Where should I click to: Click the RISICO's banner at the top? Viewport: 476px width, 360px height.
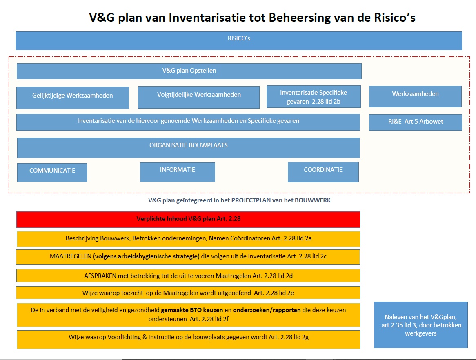(x=238, y=40)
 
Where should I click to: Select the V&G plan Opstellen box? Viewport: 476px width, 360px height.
(x=189, y=71)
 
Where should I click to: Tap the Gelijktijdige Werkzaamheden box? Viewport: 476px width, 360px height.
(x=73, y=98)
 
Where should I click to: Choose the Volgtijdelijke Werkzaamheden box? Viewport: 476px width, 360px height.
(x=199, y=97)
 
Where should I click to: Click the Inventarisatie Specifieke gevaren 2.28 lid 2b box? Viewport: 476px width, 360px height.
(x=313, y=97)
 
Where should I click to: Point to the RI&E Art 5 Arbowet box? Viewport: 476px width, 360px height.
(x=415, y=122)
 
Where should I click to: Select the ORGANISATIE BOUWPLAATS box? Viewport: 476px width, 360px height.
(x=188, y=147)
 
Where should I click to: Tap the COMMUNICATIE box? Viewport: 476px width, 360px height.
(x=52, y=172)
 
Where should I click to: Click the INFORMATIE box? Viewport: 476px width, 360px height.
(x=177, y=172)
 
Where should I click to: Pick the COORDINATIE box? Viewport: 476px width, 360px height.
(x=323, y=172)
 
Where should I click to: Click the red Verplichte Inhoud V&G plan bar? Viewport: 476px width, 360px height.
(x=188, y=219)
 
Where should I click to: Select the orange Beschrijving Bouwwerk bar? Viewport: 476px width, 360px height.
(x=188, y=239)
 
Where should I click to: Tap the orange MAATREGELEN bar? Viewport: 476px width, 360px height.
(x=188, y=257)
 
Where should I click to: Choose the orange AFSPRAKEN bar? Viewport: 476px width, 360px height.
(x=188, y=276)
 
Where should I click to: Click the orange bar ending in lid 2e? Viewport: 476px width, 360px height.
(x=188, y=293)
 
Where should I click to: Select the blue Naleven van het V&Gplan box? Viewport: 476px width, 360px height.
(x=420, y=325)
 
